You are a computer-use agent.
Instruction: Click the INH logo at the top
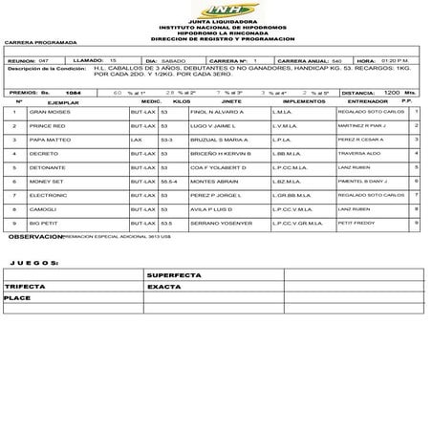(x=215, y=9)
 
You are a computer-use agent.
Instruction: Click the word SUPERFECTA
(x=171, y=275)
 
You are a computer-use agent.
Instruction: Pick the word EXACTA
(x=164, y=286)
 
